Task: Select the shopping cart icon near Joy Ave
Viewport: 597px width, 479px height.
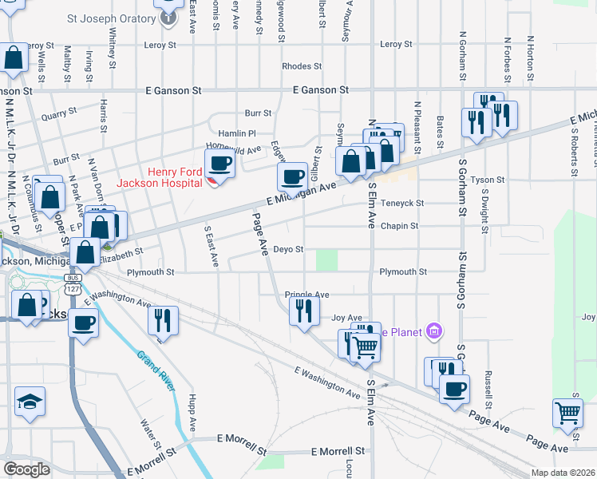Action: pos(365,347)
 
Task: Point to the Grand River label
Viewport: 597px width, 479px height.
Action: pos(156,371)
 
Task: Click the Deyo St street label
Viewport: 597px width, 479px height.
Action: pos(288,249)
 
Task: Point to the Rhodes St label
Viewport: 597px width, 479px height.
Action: pos(302,66)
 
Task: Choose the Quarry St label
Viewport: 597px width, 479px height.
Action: pos(58,115)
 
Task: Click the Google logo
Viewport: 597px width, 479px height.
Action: pos(26,469)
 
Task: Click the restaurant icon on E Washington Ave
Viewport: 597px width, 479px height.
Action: pos(163,321)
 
